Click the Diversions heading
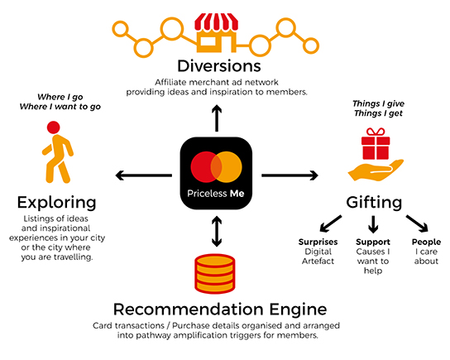219,66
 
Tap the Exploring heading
56,203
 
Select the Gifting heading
374,203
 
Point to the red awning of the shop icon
217,22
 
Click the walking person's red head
54,127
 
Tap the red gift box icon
376,144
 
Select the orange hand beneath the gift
376,170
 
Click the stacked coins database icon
215,274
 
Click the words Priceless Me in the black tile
216,194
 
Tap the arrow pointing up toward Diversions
217,118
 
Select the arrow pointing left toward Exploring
143,175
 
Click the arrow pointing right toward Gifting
290,175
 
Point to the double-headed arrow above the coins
217,232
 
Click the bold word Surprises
318,242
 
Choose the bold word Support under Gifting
373,242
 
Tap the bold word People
426,242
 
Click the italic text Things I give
378,103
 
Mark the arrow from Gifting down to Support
373,224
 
